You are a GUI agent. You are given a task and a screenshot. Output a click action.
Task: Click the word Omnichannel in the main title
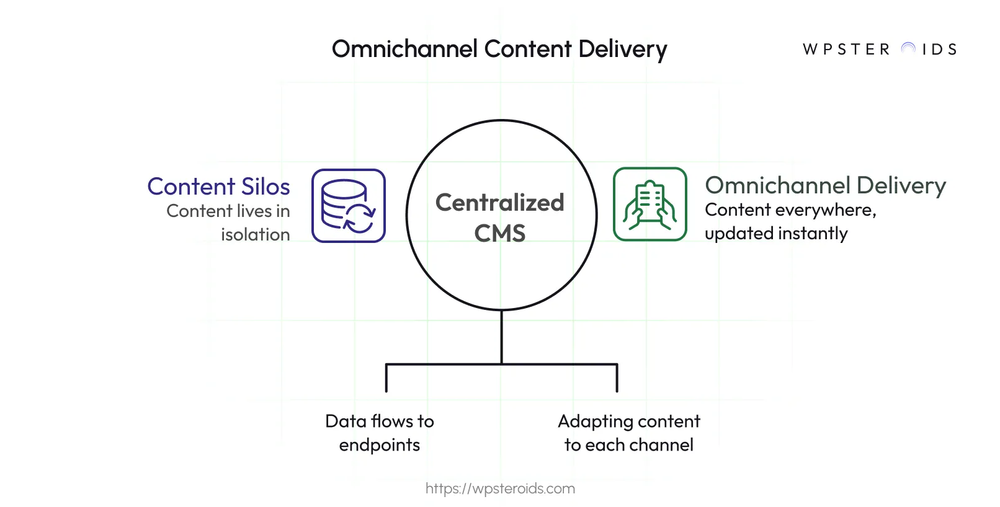tap(404, 49)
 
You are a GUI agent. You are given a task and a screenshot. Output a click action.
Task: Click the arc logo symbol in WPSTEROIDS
tap(908, 48)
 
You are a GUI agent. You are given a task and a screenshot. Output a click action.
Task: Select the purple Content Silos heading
tap(218, 187)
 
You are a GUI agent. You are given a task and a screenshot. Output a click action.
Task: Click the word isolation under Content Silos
tap(255, 234)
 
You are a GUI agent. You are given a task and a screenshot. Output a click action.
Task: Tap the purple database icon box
tap(348, 205)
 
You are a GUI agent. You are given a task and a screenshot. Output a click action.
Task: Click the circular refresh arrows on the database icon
tap(359, 218)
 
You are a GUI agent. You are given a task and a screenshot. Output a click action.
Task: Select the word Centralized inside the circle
tap(499, 203)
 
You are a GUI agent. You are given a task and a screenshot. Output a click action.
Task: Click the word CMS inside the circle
tap(499, 234)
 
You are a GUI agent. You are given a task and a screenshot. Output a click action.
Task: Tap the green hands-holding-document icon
tap(650, 204)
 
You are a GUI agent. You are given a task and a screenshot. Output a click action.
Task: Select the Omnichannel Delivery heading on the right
tap(825, 185)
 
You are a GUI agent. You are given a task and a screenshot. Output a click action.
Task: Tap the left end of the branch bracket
tap(386, 378)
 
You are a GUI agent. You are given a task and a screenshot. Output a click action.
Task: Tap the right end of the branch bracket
tap(617, 378)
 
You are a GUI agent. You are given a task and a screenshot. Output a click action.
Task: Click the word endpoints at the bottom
tap(379, 445)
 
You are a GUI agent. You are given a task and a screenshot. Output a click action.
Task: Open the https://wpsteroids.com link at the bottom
tap(500, 488)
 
